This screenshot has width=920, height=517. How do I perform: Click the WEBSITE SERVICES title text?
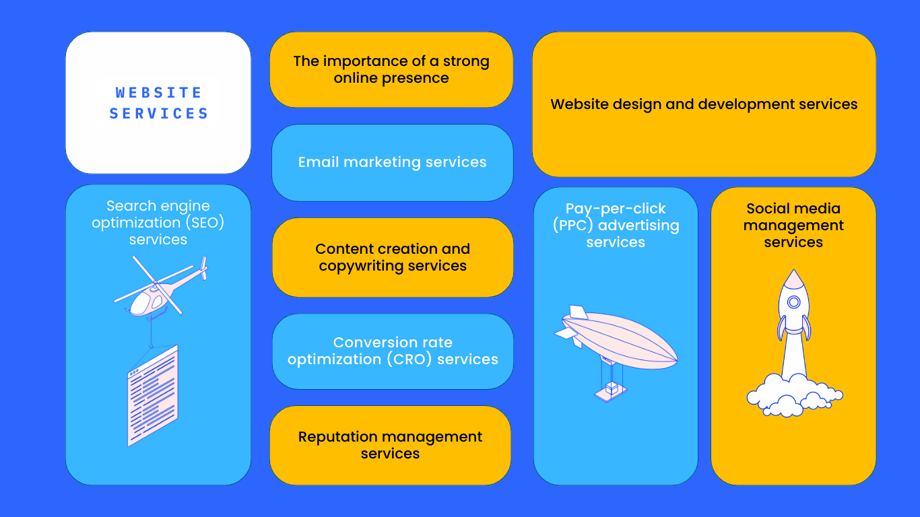click(x=158, y=103)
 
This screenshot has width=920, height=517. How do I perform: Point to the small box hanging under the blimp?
click(x=612, y=388)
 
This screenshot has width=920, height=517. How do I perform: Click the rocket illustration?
click(x=794, y=323)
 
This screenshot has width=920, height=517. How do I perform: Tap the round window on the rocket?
click(x=794, y=302)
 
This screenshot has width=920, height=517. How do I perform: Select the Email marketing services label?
click(x=392, y=162)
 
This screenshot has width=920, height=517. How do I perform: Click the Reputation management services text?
click(x=390, y=445)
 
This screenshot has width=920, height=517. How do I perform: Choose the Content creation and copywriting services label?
click(x=393, y=257)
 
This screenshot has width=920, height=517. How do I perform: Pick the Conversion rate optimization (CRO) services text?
click(x=393, y=351)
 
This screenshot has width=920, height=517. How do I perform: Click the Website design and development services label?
click(x=704, y=104)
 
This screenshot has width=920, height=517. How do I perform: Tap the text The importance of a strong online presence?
click(x=391, y=69)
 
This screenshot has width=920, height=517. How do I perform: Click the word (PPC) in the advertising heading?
click(x=573, y=226)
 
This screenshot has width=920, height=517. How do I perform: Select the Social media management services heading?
click(x=793, y=225)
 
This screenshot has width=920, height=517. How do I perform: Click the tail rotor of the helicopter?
click(x=204, y=267)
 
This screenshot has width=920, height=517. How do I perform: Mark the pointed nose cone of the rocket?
click(x=794, y=277)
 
